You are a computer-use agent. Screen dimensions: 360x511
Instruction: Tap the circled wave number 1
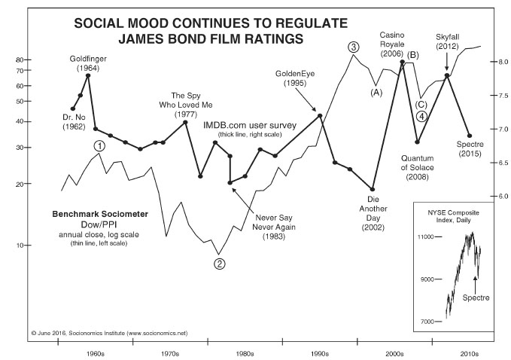[99, 145]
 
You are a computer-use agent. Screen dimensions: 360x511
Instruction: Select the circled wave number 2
[219, 264]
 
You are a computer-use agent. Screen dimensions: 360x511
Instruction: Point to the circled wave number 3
[353, 47]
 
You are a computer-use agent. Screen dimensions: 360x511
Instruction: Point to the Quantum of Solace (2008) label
[415, 167]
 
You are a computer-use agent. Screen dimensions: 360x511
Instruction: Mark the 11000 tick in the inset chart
[427, 237]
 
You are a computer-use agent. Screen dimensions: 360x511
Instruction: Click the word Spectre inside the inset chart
[475, 297]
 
